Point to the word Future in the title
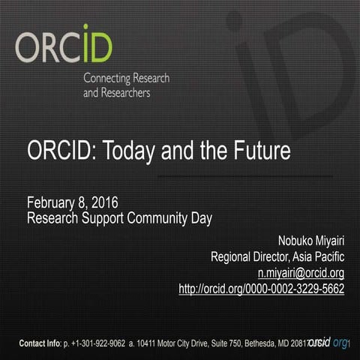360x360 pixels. click(x=259, y=151)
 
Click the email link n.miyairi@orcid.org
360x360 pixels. click(x=300, y=273)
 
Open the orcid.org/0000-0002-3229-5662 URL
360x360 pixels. click(x=261, y=288)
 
